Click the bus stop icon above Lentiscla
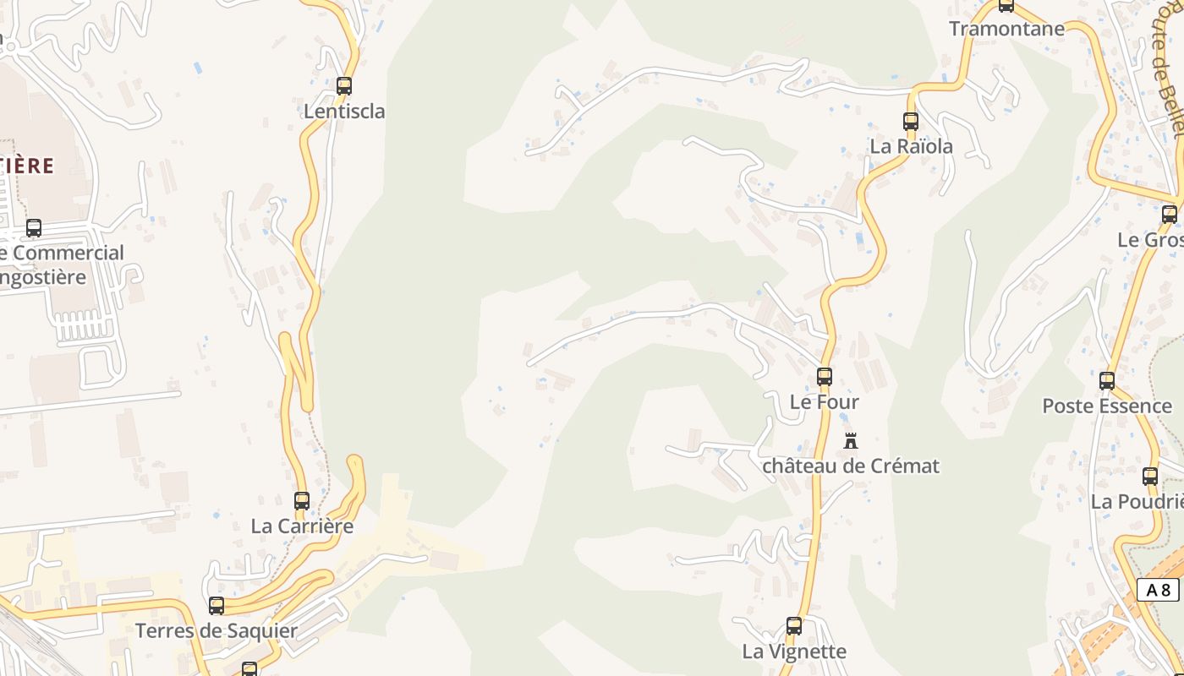click(x=343, y=85)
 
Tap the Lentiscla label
click(x=344, y=111)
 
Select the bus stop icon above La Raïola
click(x=911, y=121)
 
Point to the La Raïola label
click(x=911, y=146)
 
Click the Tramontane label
click(x=1006, y=29)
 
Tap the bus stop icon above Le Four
click(x=825, y=377)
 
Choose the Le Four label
click(x=824, y=402)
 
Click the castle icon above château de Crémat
click(x=851, y=440)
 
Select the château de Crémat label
click(x=851, y=466)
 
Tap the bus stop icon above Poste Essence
click(x=1107, y=381)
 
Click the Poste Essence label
click(x=1106, y=406)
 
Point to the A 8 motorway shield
click(x=1158, y=590)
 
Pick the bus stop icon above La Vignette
click(x=794, y=626)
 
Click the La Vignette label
click(x=794, y=651)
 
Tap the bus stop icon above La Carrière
click(x=302, y=500)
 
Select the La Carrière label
click(x=302, y=526)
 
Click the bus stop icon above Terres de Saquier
click(x=217, y=606)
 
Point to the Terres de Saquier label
click(x=217, y=631)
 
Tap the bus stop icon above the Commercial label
click(x=34, y=227)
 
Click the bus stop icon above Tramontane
click(x=1006, y=6)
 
